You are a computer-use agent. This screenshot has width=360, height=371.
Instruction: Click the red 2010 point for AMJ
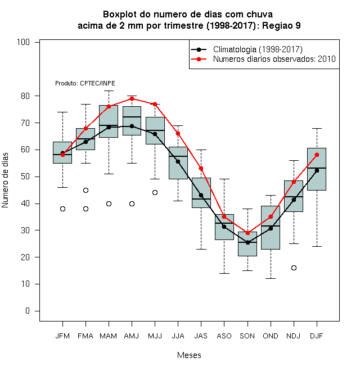(x=132, y=99)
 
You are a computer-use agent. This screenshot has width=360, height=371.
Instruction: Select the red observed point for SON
(x=247, y=233)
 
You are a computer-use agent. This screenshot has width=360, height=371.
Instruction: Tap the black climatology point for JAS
(x=201, y=195)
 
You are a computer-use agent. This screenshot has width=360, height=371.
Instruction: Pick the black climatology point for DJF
(x=317, y=170)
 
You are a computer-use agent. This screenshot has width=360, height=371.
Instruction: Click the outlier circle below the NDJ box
(x=294, y=268)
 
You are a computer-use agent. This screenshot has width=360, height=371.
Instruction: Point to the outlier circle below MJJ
(x=155, y=193)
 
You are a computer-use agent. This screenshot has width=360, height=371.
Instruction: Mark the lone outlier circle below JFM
(x=62, y=209)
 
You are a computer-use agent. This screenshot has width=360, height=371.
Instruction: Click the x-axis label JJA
(x=178, y=336)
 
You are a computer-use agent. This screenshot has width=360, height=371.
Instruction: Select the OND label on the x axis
(x=271, y=336)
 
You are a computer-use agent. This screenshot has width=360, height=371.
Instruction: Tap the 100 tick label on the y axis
(x=23, y=42)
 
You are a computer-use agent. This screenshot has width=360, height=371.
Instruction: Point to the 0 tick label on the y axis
(x=28, y=311)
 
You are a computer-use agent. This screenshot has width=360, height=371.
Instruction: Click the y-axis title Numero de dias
(x=5, y=180)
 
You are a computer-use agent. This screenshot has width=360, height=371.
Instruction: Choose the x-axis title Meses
(x=189, y=355)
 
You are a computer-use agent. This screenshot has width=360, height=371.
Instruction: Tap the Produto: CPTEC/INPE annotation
(x=85, y=83)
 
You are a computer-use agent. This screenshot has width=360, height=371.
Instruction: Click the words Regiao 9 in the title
(x=281, y=25)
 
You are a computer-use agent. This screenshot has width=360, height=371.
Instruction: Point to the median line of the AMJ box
(x=132, y=117)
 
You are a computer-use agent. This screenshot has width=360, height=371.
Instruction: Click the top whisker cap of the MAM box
(x=109, y=91)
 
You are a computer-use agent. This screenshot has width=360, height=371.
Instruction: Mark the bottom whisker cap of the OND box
(x=271, y=278)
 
